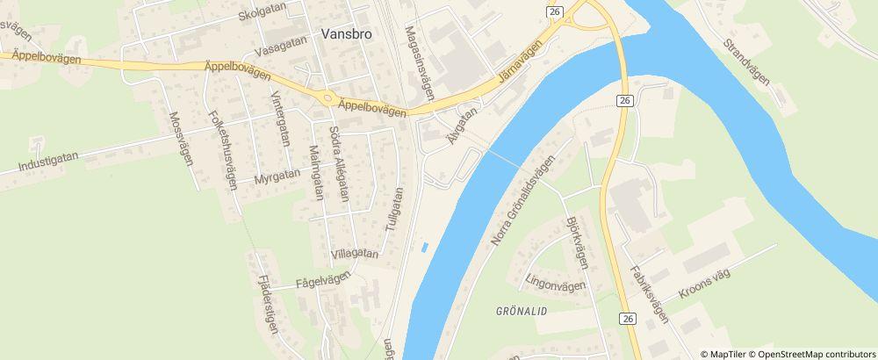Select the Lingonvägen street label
554,285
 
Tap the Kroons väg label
702,285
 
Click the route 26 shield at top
554,11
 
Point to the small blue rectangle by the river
425,248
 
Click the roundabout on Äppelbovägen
328,99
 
